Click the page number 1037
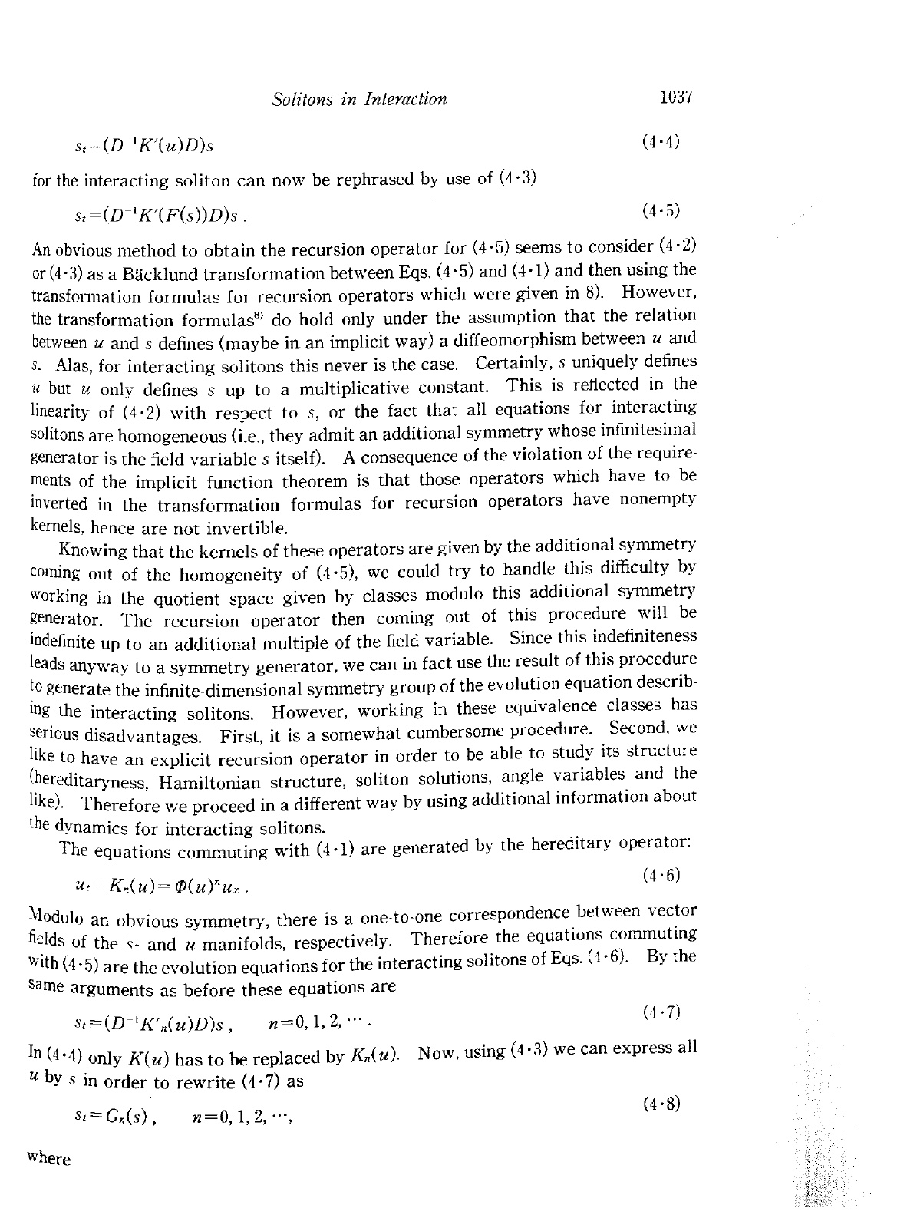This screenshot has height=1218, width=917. [x=675, y=97]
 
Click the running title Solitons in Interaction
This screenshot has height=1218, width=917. [x=359, y=99]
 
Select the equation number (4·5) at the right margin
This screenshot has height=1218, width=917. [x=661, y=210]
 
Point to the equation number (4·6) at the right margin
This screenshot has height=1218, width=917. [x=662, y=874]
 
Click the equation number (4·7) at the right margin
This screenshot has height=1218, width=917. [x=662, y=1011]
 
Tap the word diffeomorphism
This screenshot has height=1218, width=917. [x=554, y=338]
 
